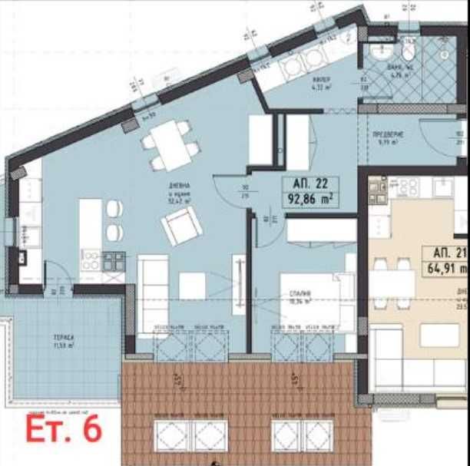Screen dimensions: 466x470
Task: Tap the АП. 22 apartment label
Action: pos(310,184)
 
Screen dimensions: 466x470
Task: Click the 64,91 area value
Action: pos(448,269)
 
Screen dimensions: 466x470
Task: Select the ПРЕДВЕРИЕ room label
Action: pos(388,134)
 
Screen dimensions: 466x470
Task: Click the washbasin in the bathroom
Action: pos(380,51)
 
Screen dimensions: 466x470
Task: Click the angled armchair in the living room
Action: pos(181,226)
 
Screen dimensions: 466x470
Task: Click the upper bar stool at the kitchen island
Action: pos(114,208)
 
